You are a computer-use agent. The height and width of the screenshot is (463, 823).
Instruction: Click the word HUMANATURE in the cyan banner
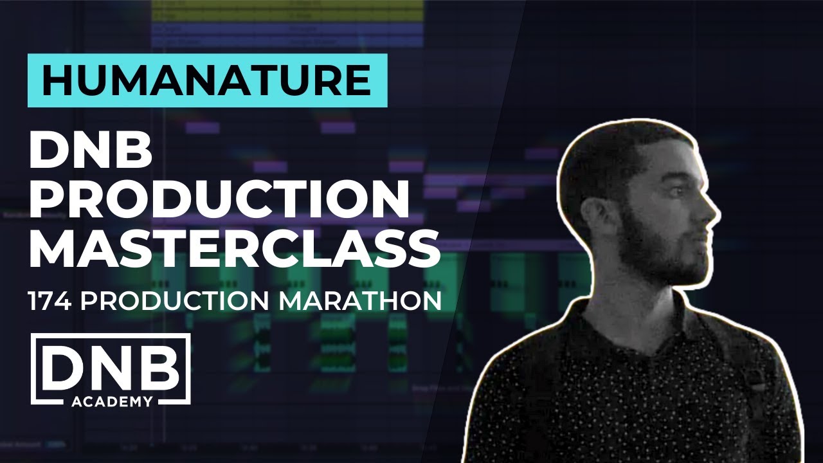click(x=207, y=80)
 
